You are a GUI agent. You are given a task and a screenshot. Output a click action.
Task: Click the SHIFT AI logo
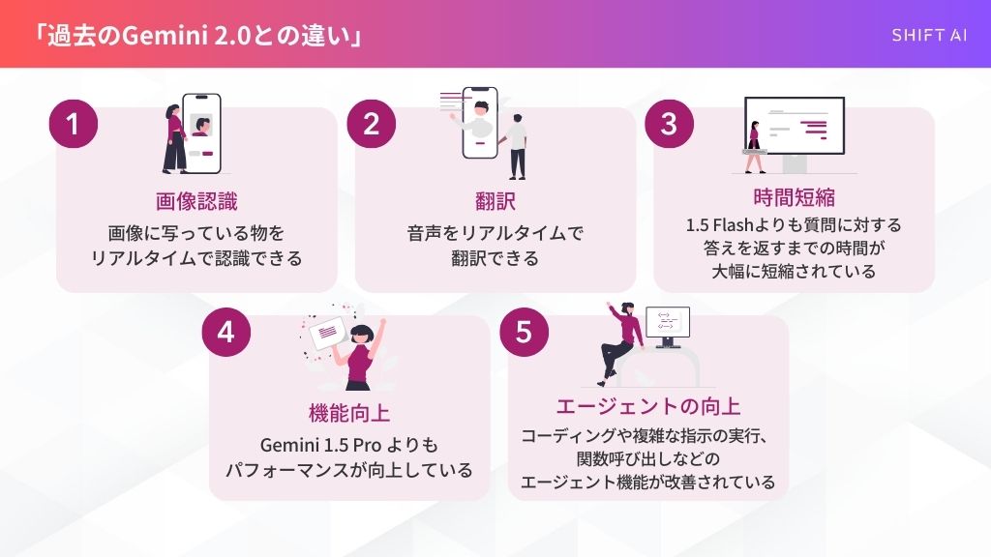pos(929,36)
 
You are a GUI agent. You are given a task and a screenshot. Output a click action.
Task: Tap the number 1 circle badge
pos(74,124)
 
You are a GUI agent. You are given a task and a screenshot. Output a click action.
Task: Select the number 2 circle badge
pos(372,124)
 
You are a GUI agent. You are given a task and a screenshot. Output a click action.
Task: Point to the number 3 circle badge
pos(670,124)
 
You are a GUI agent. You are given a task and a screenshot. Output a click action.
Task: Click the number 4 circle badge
pos(226,333)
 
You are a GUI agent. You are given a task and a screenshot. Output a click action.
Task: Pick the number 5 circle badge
pos(524,333)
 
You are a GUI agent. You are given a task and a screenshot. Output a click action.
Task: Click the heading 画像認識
pos(196,201)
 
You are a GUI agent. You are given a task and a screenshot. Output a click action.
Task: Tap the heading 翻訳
pos(495,201)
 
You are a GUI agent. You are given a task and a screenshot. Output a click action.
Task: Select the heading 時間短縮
pos(794,197)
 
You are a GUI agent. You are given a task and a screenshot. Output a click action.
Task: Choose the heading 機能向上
pos(348,413)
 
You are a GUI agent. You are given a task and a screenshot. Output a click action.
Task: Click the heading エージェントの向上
pos(647,406)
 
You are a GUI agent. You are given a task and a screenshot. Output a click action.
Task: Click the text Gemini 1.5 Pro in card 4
pos(320,445)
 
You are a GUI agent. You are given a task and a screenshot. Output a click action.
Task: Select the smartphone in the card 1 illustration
pos(201,133)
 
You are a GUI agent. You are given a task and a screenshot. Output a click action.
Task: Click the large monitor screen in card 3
pos(795,126)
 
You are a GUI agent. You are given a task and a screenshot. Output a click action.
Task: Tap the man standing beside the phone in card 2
pos(517,147)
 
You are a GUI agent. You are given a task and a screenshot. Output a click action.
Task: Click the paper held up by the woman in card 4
pos(327,333)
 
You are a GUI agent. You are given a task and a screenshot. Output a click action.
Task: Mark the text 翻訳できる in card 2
pos(495,258)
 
